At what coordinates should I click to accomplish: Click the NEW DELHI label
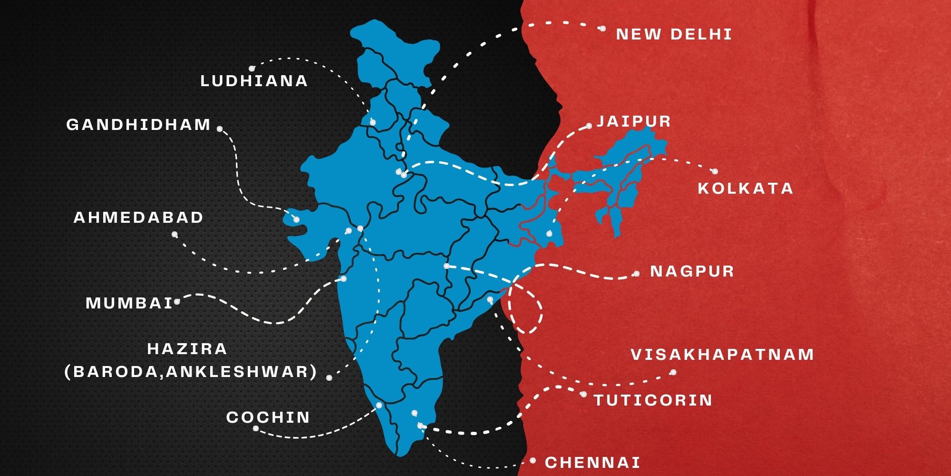[x=674, y=34]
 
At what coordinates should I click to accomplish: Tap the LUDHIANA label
[x=254, y=81]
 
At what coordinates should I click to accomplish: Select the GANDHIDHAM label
[x=138, y=125]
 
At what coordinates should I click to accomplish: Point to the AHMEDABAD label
[x=138, y=218]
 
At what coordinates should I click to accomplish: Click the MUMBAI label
[x=129, y=303]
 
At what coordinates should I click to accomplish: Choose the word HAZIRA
[x=187, y=349]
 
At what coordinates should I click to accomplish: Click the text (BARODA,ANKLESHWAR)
[x=191, y=372]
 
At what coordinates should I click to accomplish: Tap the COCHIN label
[x=268, y=417]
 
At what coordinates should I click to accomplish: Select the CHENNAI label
[x=592, y=462]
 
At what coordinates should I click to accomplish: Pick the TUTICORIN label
[x=653, y=400]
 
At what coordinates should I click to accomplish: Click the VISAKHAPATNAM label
[x=722, y=355]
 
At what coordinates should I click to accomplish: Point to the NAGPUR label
[x=692, y=271]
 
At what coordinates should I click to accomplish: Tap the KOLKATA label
[x=746, y=188]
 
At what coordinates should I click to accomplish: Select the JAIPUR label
[x=634, y=121]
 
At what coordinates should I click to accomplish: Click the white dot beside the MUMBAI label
[x=177, y=301]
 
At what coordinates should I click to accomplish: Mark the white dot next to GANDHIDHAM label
[x=220, y=129]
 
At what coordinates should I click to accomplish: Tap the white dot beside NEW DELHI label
[x=602, y=29]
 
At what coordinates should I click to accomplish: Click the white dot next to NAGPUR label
[x=637, y=274]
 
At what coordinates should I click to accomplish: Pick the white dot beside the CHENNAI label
[x=533, y=461]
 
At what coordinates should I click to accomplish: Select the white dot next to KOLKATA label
[x=714, y=171]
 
